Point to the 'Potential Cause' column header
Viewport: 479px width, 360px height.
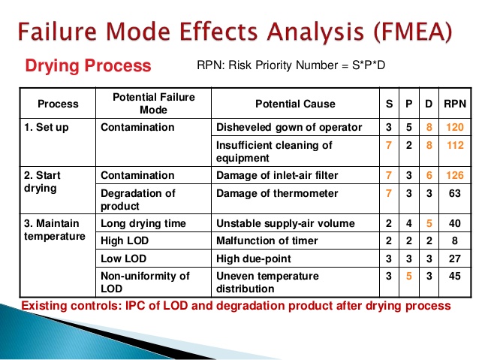point(295,104)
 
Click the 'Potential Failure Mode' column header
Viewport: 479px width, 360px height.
point(153,104)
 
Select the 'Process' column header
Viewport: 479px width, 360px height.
point(58,104)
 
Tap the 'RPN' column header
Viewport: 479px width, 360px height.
point(453,104)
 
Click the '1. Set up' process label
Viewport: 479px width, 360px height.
point(47,127)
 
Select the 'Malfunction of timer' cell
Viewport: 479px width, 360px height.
point(267,241)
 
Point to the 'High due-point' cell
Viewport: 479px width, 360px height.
point(252,258)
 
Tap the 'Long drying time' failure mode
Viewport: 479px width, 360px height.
point(140,223)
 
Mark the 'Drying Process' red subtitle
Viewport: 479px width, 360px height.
point(89,65)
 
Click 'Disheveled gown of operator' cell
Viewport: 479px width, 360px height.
point(289,127)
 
